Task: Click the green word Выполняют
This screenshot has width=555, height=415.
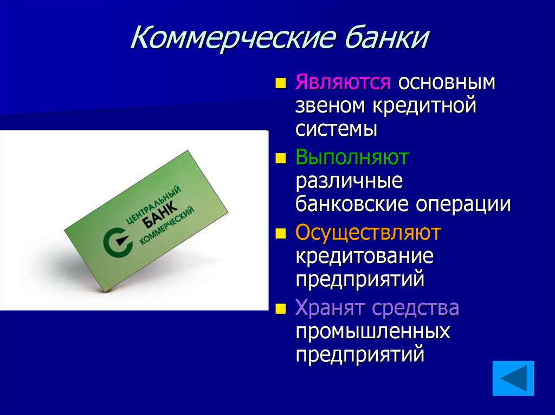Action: point(352,158)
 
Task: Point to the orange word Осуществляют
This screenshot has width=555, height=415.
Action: point(368,233)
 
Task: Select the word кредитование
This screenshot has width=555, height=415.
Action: point(364,255)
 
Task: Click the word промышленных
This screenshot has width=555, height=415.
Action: point(372,331)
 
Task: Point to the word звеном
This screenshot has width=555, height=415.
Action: point(330,106)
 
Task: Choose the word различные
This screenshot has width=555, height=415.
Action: point(349,181)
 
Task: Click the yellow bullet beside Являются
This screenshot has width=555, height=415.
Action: point(280,83)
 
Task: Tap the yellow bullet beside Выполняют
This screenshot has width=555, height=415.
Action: point(280,159)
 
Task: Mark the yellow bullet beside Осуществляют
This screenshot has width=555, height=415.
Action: point(280,234)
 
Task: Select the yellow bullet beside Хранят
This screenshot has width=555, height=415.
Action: point(280,309)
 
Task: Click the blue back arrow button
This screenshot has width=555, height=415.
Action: point(513,378)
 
